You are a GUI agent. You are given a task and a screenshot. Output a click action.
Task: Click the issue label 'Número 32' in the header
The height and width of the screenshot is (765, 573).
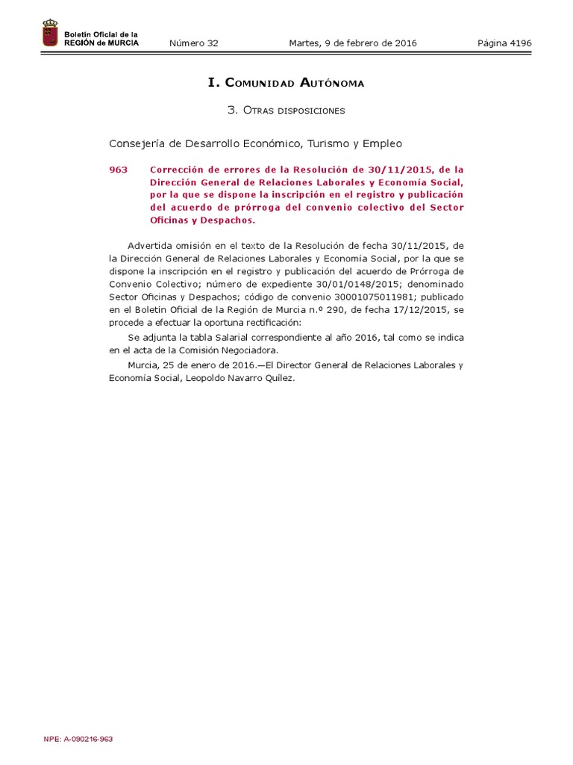tap(193, 43)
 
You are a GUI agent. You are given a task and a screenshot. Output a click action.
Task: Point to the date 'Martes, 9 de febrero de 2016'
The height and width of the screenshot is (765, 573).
tap(353, 43)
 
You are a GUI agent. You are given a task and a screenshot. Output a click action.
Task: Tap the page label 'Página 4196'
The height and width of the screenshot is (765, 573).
tap(504, 43)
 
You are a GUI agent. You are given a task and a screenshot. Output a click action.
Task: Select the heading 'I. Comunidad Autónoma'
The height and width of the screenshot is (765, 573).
tap(286, 83)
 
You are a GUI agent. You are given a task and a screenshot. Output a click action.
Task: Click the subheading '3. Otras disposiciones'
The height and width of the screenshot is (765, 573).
tap(286, 111)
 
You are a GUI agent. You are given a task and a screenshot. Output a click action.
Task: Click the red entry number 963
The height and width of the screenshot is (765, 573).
tap(118, 170)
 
